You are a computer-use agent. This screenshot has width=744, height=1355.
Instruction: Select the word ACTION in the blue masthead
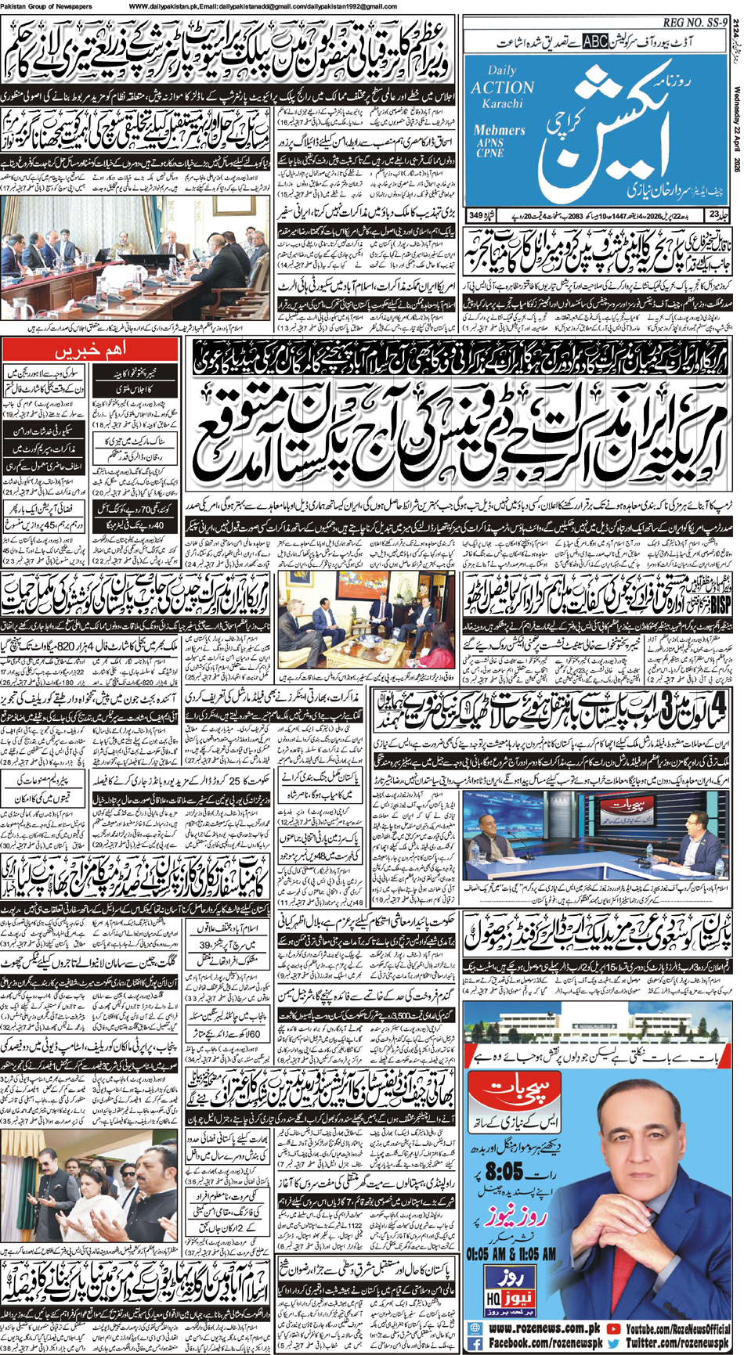[x=502, y=88]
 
